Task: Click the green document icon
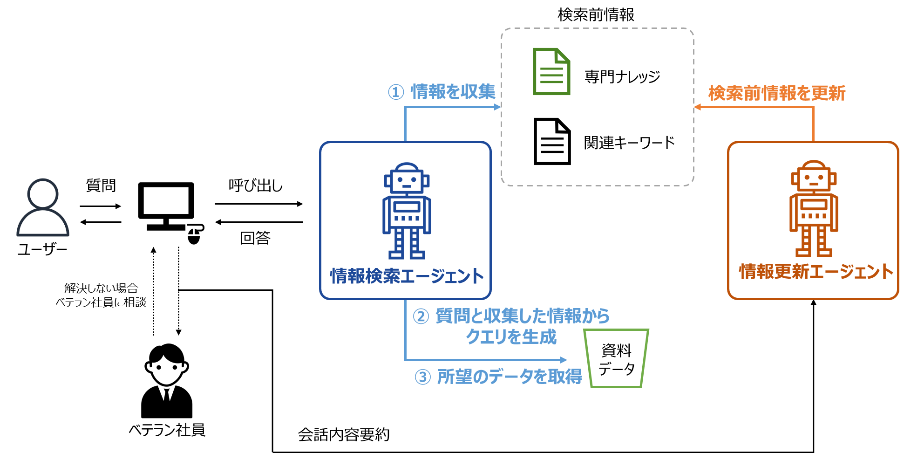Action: (x=551, y=72)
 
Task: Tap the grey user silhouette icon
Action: (x=43, y=208)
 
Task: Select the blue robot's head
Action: (x=407, y=178)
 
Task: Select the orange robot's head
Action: (x=814, y=176)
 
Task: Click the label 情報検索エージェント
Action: (x=407, y=276)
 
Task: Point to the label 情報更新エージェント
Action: (x=816, y=272)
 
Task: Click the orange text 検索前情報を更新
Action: (x=776, y=93)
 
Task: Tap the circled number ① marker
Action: (x=396, y=92)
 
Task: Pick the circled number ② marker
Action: (x=421, y=316)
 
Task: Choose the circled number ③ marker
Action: (x=422, y=377)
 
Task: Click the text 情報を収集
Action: (x=453, y=92)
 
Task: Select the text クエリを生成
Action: (x=511, y=336)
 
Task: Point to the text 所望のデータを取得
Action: (x=510, y=377)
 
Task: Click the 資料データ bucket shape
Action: (x=616, y=358)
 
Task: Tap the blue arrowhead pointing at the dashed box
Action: (x=497, y=107)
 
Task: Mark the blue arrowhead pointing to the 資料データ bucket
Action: (x=564, y=360)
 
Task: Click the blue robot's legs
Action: (x=407, y=243)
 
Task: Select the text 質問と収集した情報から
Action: (x=523, y=316)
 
